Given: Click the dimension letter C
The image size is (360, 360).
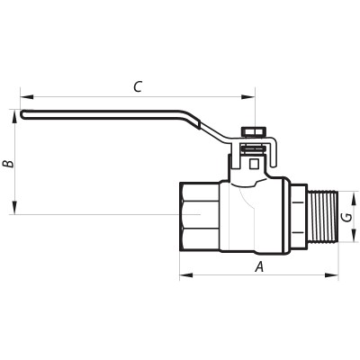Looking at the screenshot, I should [137, 86].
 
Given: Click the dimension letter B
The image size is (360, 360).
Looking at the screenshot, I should [7, 164].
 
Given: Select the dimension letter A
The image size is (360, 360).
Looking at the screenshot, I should [259, 266].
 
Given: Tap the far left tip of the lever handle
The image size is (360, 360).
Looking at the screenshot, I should [22, 113].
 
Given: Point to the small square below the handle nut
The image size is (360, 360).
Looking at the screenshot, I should [255, 163].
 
